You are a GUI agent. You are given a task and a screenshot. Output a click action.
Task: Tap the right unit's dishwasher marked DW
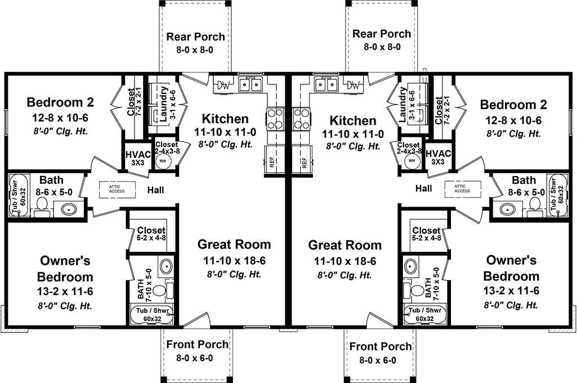coord(354,85)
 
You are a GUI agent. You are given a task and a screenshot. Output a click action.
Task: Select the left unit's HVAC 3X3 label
coord(138,158)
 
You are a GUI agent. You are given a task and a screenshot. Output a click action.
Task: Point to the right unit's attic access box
coord(463,189)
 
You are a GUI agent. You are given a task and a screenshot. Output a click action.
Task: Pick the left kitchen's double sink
coord(250,85)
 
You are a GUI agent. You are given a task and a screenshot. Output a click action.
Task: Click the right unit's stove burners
coord(302,119)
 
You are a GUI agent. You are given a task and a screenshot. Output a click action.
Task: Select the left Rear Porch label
coord(195,37)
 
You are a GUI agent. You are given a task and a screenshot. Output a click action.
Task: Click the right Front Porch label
coord(381,346)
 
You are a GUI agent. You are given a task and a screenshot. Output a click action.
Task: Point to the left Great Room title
coord(234,245)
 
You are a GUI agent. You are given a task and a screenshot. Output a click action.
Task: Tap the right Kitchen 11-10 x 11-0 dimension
coord(353,134)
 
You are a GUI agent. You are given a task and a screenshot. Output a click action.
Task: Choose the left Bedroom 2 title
coord(60,102)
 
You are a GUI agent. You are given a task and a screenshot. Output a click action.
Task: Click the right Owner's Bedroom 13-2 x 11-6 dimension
coord(511,291)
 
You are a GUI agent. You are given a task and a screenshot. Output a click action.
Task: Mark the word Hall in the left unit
coord(156,190)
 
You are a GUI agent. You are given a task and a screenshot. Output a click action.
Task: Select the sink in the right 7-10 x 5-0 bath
coord(410,265)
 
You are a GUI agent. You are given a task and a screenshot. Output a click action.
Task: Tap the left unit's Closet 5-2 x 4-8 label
coord(151,233)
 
